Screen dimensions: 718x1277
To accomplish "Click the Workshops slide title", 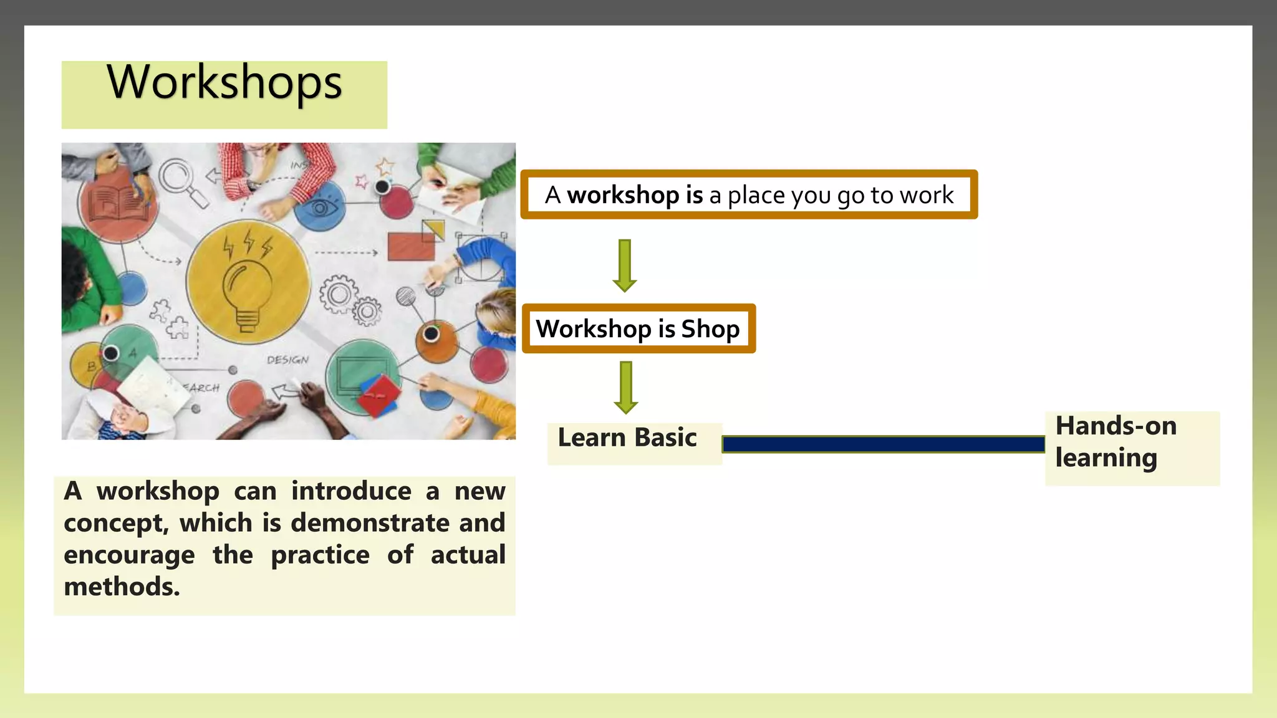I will pyautogui.click(x=224, y=83).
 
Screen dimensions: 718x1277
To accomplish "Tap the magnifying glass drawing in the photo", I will pyautogui.click(x=181, y=181).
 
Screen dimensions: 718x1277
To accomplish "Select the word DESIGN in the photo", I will pyautogui.click(x=287, y=360).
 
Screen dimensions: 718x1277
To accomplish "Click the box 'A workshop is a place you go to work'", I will pyautogui.click(x=749, y=195).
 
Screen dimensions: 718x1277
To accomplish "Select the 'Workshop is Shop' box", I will pyautogui.click(x=638, y=328).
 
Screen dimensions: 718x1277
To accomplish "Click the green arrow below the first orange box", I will pyautogui.click(x=625, y=265).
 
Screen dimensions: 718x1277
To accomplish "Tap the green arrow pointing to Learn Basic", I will pyautogui.click(x=625, y=387).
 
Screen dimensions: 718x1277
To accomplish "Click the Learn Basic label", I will pyautogui.click(x=627, y=438).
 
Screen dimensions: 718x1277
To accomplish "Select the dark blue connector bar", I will pyautogui.click(x=883, y=444).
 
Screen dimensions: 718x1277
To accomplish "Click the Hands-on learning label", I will pyautogui.click(x=1116, y=442).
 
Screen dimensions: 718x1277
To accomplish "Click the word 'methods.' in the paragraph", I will pyautogui.click(x=122, y=586).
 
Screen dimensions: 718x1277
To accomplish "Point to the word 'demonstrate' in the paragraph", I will pyautogui.click(x=370, y=522).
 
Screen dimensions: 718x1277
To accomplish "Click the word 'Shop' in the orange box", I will pyautogui.click(x=710, y=328).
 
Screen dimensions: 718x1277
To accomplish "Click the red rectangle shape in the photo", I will pyautogui.click(x=411, y=246).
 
